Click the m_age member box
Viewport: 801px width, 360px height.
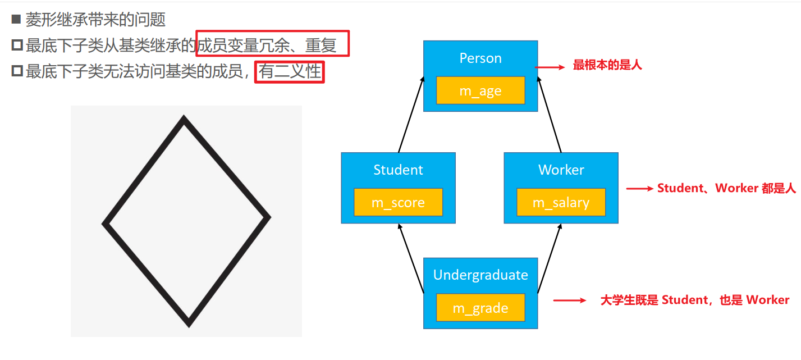point(480,90)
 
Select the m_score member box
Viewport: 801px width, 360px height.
point(398,202)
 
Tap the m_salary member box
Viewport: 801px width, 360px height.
point(561,202)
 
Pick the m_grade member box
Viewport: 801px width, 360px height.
point(480,308)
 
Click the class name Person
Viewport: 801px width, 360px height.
point(480,58)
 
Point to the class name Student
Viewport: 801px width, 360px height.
point(398,170)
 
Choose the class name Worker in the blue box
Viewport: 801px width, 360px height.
point(561,170)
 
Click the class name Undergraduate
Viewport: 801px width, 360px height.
point(480,275)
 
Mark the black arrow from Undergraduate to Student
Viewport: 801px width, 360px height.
point(410,258)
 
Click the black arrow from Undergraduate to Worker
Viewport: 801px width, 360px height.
point(550,258)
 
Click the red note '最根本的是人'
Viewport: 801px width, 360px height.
point(607,66)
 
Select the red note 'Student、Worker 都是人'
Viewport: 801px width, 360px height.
point(726,189)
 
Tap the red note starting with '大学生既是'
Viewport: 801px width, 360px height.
point(695,300)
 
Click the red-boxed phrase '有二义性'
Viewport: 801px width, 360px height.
point(289,72)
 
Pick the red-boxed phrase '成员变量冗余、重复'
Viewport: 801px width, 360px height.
point(273,44)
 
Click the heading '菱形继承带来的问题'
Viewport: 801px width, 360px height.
point(95,20)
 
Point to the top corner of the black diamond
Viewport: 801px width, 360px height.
point(184,119)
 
